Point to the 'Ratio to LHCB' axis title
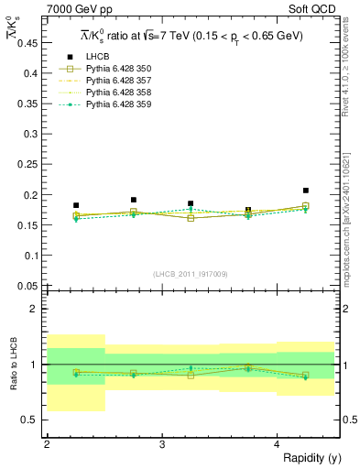12,365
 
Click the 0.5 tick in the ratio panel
33,420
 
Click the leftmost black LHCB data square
76,205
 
